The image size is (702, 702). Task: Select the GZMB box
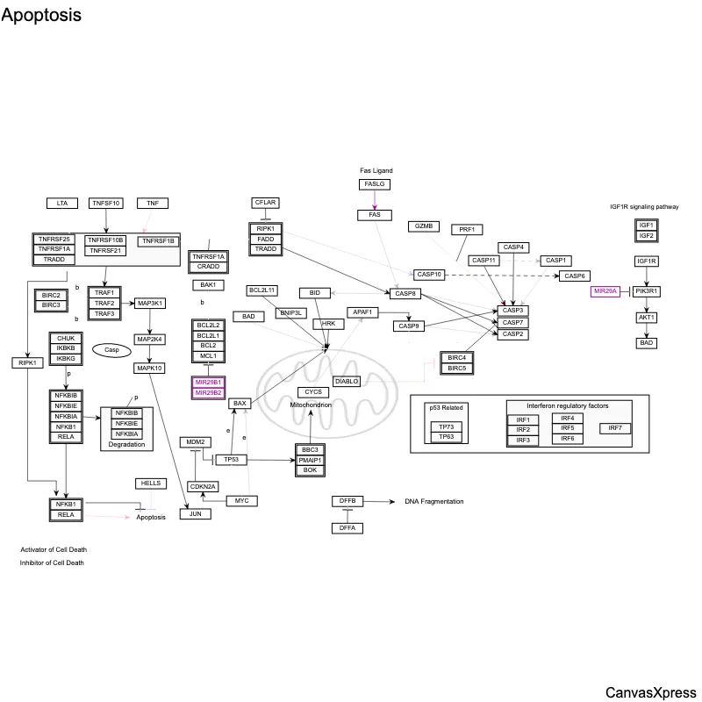[x=422, y=226]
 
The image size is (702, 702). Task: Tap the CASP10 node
[x=430, y=275]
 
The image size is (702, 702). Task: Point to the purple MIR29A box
[x=606, y=291]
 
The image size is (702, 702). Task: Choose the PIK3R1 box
[x=647, y=291]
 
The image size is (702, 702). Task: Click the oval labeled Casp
[x=111, y=349]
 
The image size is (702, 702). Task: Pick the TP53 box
[x=232, y=459]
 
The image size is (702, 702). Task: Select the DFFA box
[x=347, y=527]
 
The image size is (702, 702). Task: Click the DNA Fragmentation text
[x=433, y=502]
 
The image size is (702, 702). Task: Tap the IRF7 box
[x=615, y=428]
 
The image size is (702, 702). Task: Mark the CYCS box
[x=312, y=391]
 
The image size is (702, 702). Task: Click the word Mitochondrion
[x=312, y=405]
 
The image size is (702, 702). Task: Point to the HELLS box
[x=148, y=484]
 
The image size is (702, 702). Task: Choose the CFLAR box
[x=266, y=203]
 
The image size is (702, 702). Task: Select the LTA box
[x=62, y=204]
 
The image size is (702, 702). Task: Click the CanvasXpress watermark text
[x=650, y=692]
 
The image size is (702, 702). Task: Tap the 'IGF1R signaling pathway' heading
[x=645, y=207]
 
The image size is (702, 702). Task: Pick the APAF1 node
[x=362, y=312]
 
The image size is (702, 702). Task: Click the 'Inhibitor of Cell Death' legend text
[x=53, y=562]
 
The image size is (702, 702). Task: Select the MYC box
[x=241, y=500]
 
